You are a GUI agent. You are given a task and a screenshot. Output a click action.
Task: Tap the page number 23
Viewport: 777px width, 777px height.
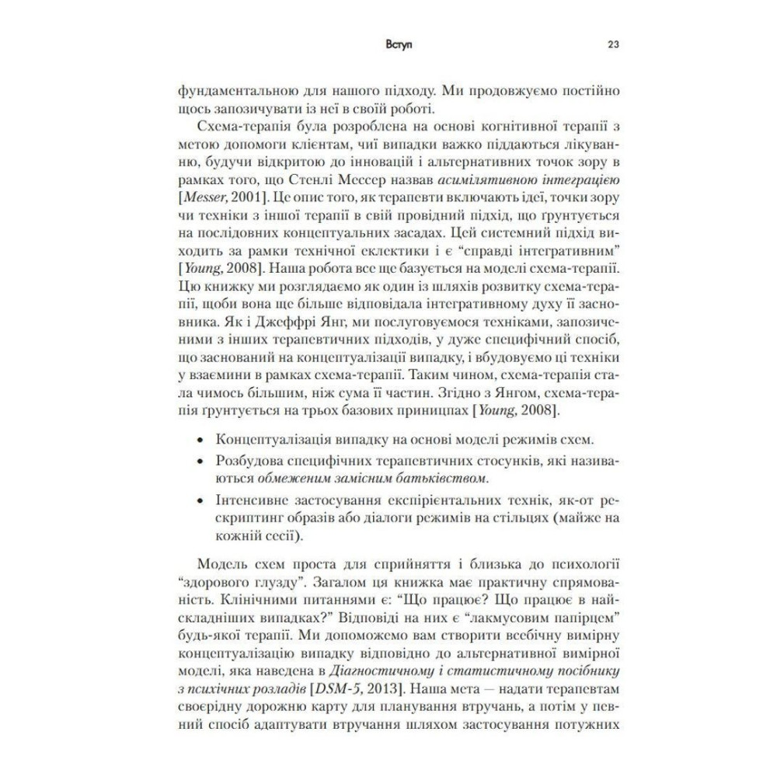click(x=611, y=45)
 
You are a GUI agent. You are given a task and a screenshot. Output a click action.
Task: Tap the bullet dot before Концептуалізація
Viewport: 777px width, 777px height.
click(x=202, y=441)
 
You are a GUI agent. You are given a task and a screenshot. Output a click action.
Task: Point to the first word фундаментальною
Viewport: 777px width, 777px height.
click(x=219, y=89)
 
